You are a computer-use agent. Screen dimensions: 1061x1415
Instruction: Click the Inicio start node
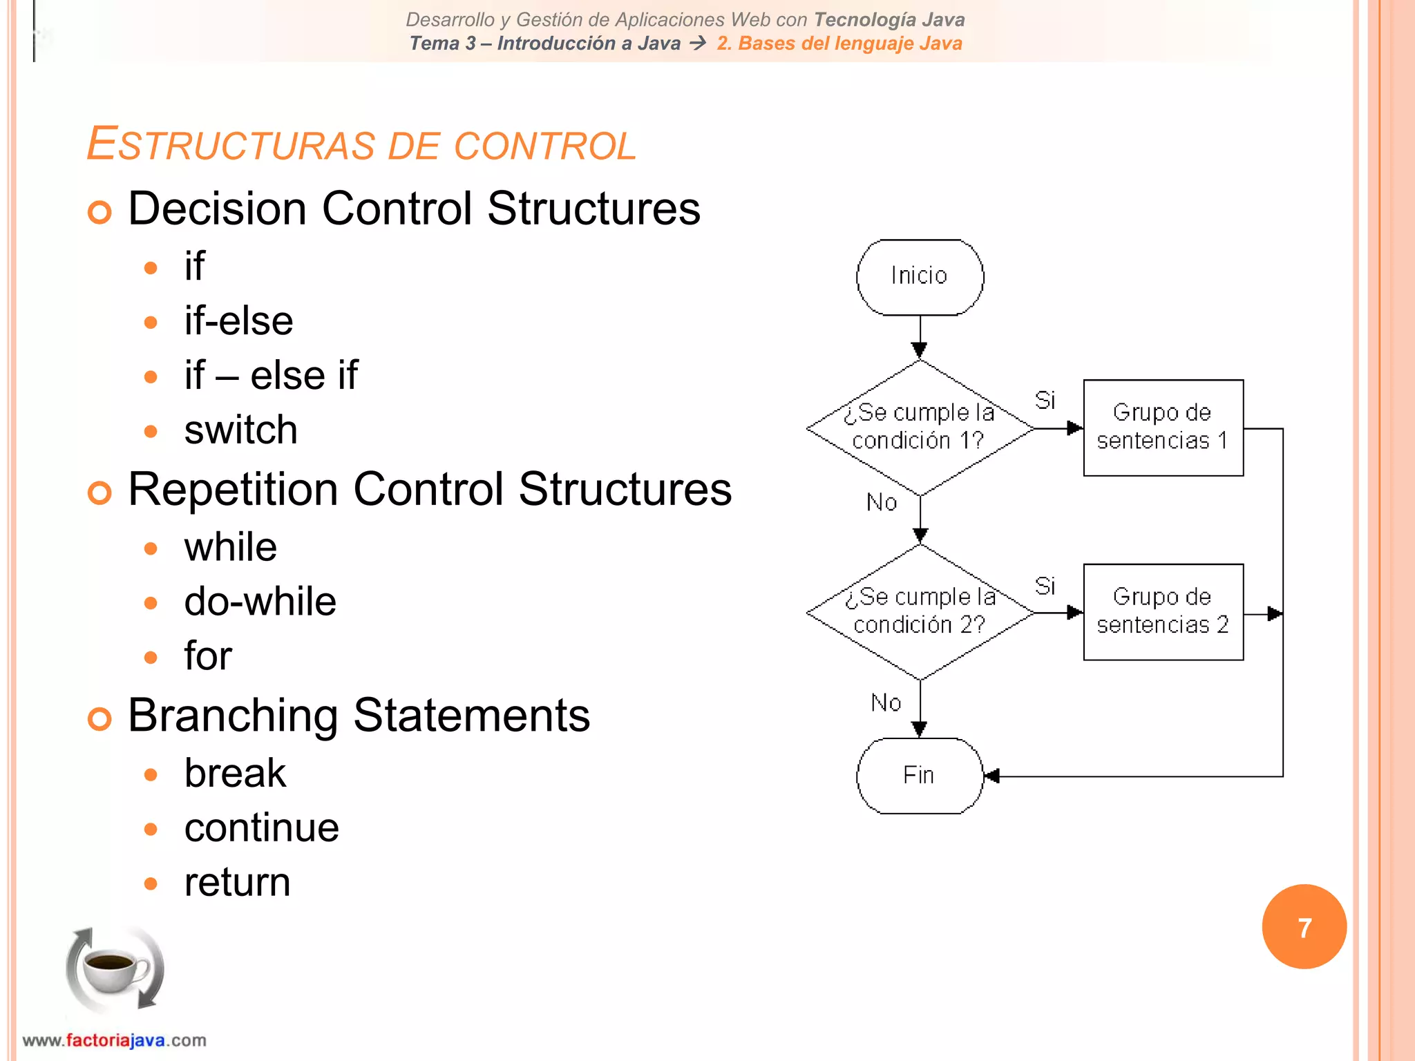pos(920,277)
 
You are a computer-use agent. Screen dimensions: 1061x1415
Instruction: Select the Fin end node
pos(920,776)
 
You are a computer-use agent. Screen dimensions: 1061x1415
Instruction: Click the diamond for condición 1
pos(920,428)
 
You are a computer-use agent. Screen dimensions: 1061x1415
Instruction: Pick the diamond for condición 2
pos(920,612)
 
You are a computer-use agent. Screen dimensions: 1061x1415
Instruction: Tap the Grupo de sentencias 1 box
pos(1163,428)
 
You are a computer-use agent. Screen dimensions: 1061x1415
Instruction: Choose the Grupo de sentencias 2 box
pos(1163,612)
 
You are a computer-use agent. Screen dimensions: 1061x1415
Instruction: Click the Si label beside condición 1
pos(1045,400)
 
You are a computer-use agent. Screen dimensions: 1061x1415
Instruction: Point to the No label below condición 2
pos(886,702)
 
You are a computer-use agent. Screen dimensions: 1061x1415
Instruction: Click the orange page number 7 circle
pos(1304,927)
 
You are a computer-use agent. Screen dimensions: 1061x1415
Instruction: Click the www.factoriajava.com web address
pos(114,1040)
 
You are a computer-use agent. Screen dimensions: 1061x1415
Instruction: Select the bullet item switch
pos(240,430)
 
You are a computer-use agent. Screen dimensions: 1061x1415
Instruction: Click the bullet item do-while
pos(260,601)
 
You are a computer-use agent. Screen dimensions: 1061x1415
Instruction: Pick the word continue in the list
pos(261,828)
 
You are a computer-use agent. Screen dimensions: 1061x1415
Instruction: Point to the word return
pos(237,882)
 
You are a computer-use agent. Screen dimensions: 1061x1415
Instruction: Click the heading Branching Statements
pos(359,716)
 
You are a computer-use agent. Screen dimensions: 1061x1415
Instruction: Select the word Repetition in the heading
pos(233,489)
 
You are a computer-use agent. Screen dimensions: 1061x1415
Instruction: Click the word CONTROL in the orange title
pos(544,146)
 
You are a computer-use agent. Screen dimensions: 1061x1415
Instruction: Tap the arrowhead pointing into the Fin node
pos(992,776)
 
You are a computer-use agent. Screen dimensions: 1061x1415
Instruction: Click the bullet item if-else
pos(238,321)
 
